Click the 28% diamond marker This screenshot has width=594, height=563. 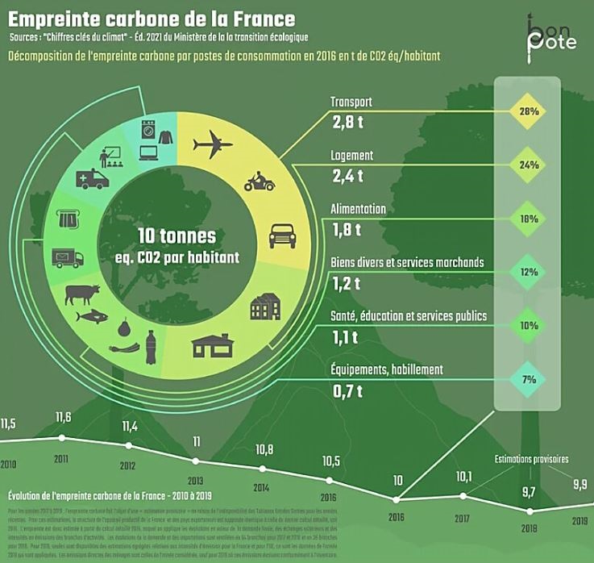point(529,111)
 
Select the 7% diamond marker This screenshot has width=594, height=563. point(529,379)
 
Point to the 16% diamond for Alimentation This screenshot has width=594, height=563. point(529,219)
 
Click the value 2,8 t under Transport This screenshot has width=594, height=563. point(347,123)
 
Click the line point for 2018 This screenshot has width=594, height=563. point(530,511)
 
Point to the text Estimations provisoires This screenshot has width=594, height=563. point(531,459)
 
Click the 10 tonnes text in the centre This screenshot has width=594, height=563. point(177,236)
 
